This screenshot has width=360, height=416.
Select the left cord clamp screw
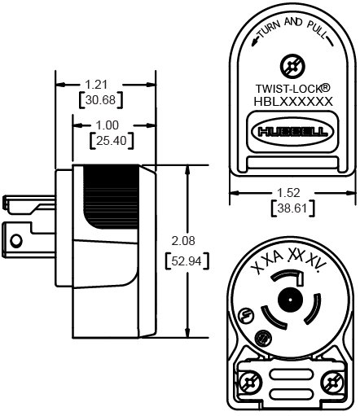pyautogui.click(x=250, y=381)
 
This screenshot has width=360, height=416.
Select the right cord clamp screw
pyautogui.click(x=330, y=381)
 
